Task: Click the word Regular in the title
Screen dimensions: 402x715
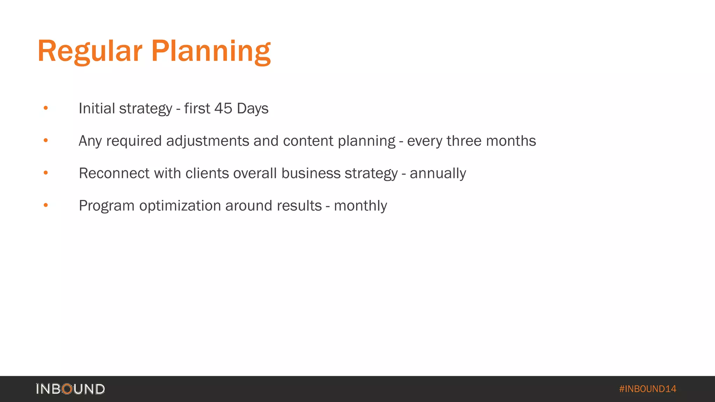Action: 90,52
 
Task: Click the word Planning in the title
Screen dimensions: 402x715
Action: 211,52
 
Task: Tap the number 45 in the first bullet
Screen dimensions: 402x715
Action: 223,109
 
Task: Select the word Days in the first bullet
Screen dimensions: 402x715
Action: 252,109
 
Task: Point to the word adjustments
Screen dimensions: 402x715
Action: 208,141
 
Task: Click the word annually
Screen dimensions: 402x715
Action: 438,173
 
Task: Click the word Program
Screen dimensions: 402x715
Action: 106,206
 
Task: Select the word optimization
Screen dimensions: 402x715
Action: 180,206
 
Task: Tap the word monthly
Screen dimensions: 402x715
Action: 360,206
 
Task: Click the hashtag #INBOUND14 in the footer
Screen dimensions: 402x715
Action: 647,389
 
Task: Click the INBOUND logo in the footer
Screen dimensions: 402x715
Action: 70,389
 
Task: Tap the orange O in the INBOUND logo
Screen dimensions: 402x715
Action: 67,389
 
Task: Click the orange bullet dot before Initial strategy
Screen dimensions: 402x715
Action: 46,108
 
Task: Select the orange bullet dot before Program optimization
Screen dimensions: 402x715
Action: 46,205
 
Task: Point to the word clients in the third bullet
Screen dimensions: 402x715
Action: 207,173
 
